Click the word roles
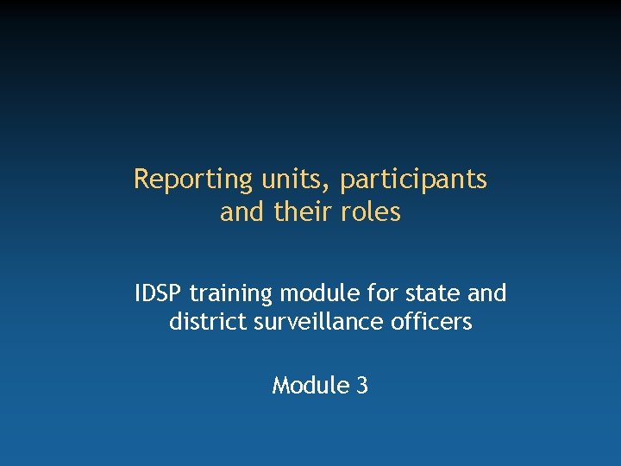coord(372,211)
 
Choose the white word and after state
coord(486,293)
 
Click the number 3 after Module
coord(361,385)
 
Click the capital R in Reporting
coord(141,179)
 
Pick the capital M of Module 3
coord(280,385)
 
